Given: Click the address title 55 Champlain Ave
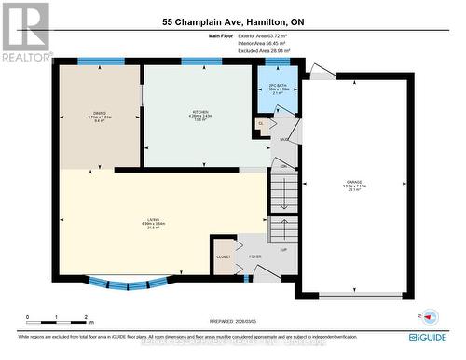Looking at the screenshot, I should tap(232, 21).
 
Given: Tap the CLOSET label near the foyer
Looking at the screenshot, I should tap(224, 255).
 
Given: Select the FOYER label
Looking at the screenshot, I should tap(254, 255).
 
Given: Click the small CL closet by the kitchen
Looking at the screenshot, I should tap(261, 122).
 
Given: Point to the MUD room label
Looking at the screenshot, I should tap(283, 141).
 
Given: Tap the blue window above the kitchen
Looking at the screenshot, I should tap(195, 62).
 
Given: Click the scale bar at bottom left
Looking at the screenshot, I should tap(55, 317).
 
